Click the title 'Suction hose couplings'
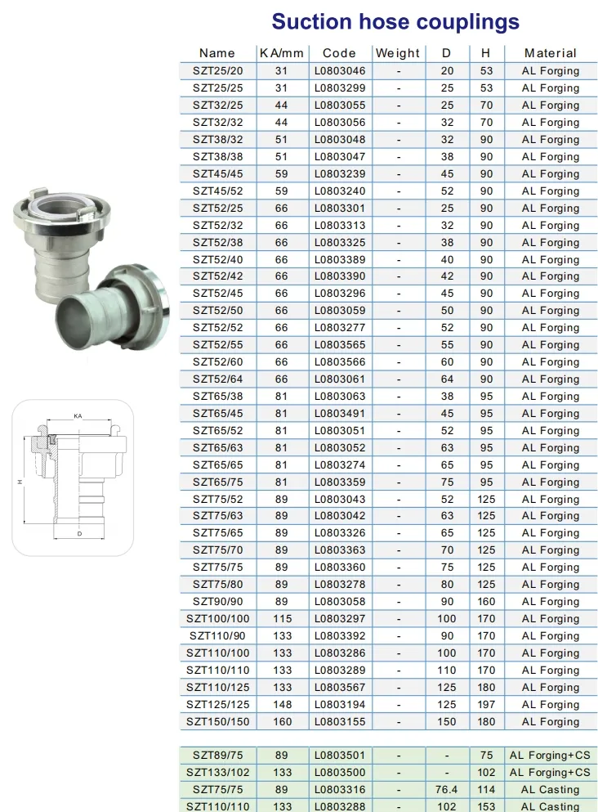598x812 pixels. pos(395,21)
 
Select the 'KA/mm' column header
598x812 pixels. pos(281,53)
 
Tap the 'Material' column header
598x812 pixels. pos(550,53)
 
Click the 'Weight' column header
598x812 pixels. pos(398,53)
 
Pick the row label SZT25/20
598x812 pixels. pos(217,71)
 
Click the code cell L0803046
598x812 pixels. pos(340,71)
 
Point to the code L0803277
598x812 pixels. pos(340,328)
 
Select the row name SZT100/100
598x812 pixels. pos(217,619)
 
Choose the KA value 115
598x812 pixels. pos(282,619)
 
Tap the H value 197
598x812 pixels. pos(486,705)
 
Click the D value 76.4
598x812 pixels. pos(447,790)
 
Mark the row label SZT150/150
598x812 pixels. pos(217,722)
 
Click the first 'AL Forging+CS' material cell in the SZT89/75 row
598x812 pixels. pos(550,756)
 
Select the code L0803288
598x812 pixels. pos(340,807)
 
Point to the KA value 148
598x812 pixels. pos(282,705)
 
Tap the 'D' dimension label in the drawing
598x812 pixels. pos(78,534)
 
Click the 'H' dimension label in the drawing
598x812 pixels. pos(20,482)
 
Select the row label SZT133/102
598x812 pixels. pos(217,773)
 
